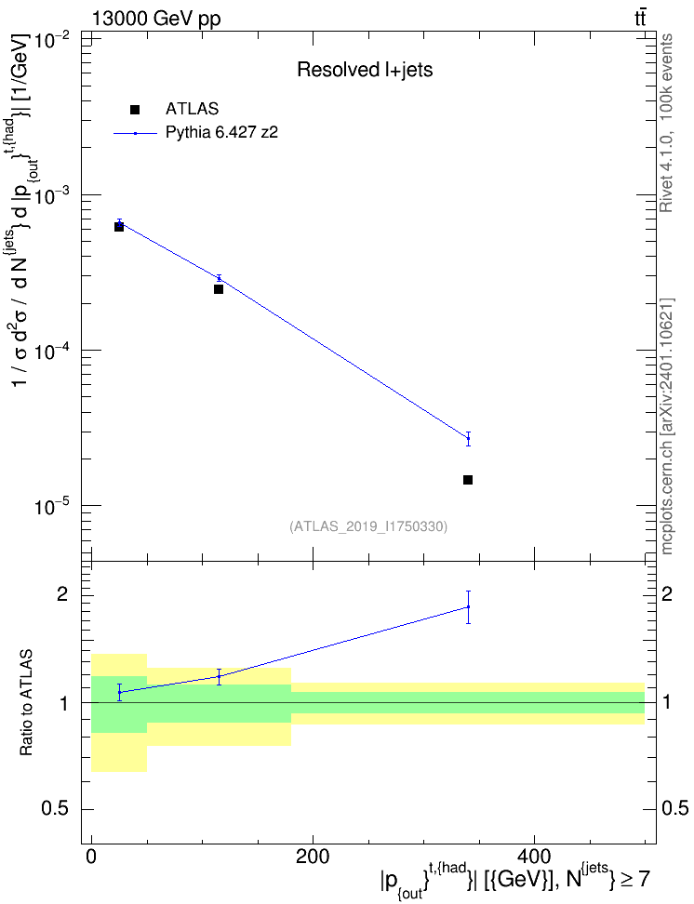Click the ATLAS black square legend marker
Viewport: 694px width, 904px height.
[x=135, y=110]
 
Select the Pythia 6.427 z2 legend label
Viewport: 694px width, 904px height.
[x=221, y=133]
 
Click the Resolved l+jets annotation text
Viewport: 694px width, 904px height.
[x=365, y=70]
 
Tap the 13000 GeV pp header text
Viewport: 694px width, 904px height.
[x=156, y=19]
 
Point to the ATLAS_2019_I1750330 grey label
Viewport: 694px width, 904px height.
[x=368, y=526]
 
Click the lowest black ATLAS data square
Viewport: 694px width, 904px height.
[x=468, y=480]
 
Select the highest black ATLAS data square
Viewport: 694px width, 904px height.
[x=119, y=227]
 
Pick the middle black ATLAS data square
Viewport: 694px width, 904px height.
[x=219, y=289]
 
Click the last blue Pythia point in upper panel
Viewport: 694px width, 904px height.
[x=469, y=439]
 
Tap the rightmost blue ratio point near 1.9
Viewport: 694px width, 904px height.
[x=469, y=606]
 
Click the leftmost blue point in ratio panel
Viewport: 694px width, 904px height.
[x=119, y=692]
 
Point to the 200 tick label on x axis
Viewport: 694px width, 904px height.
[x=313, y=857]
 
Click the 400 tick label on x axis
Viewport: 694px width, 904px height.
[x=534, y=857]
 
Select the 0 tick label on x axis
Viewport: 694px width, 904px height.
[x=92, y=857]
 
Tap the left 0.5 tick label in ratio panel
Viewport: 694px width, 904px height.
[x=57, y=809]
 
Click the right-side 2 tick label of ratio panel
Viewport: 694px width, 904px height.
[x=667, y=593]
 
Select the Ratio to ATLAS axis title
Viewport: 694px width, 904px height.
[x=27, y=703]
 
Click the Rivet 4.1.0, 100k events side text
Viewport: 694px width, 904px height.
[x=666, y=123]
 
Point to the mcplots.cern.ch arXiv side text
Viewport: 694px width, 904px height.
[x=667, y=427]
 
